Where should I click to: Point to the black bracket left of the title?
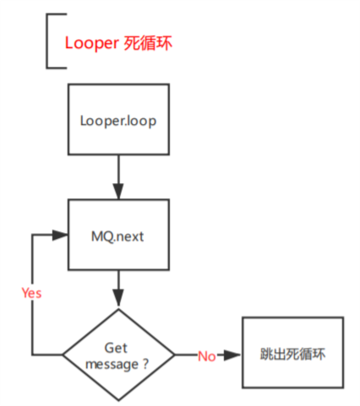click(x=48, y=40)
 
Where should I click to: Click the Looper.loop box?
click(x=118, y=119)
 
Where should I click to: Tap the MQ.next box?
click(x=118, y=235)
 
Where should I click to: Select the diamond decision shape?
click(x=119, y=355)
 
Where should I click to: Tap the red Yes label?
click(x=31, y=294)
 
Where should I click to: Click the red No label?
click(x=206, y=356)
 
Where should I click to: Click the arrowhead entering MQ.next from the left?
click(x=61, y=235)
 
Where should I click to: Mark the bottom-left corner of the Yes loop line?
click(x=31, y=355)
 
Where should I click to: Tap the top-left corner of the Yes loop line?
click(x=31, y=235)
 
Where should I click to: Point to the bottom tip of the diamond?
click(x=119, y=400)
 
